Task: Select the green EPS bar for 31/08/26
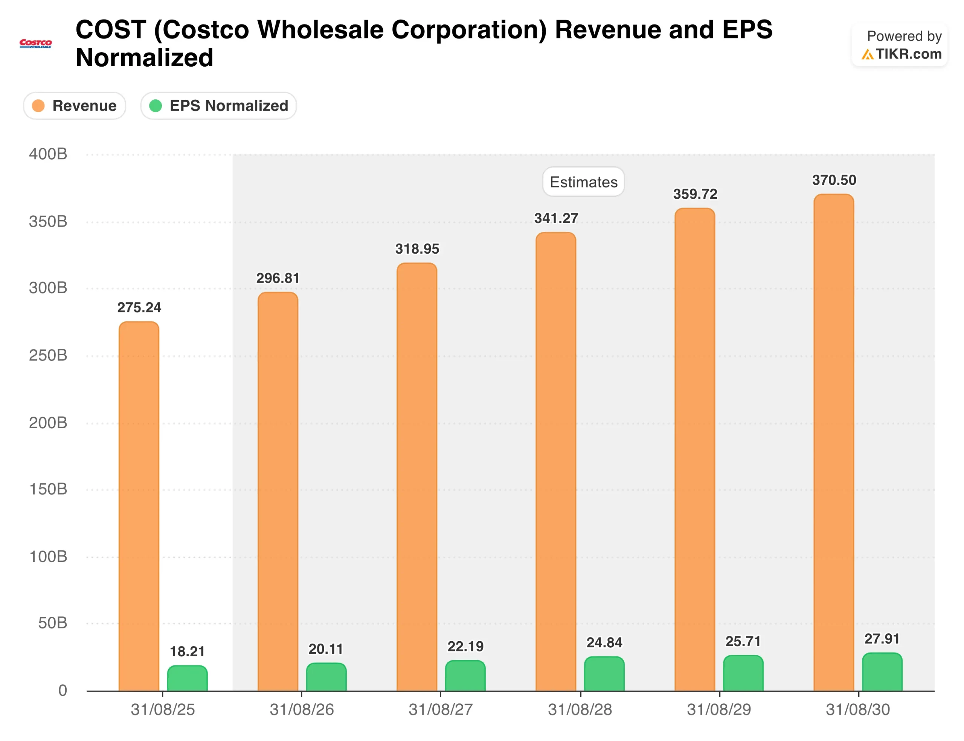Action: [326, 677]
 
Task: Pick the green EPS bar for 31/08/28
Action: [604, 674]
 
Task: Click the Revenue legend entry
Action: [75, 106]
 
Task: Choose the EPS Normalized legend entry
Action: [218, 106]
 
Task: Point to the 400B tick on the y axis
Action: [48, 154]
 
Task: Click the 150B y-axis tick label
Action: [48, 489]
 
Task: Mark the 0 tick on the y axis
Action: [63, 690]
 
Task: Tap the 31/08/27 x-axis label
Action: [441, 710]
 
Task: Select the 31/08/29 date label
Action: [718, 710]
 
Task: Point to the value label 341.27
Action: [556, 218]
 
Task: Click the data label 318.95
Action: [417, 249]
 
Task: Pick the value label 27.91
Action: [882, 639]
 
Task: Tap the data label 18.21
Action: [187, 651]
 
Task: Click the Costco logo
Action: [36, 43]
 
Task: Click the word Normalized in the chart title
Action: [144, 58]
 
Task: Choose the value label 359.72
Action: [695, 194]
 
